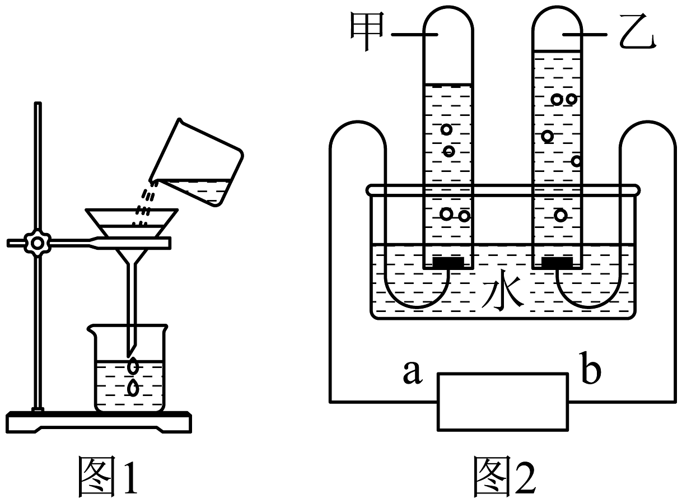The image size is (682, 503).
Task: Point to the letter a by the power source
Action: (412, 374)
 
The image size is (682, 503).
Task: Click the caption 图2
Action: (503, 477)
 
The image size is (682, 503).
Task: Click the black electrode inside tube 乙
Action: (557, 262)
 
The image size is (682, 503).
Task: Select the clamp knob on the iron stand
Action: (38, 243)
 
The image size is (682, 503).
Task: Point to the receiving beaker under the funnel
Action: (131, 370)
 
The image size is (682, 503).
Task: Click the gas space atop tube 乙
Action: (557, 34)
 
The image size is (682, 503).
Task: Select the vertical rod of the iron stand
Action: (38, 168)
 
